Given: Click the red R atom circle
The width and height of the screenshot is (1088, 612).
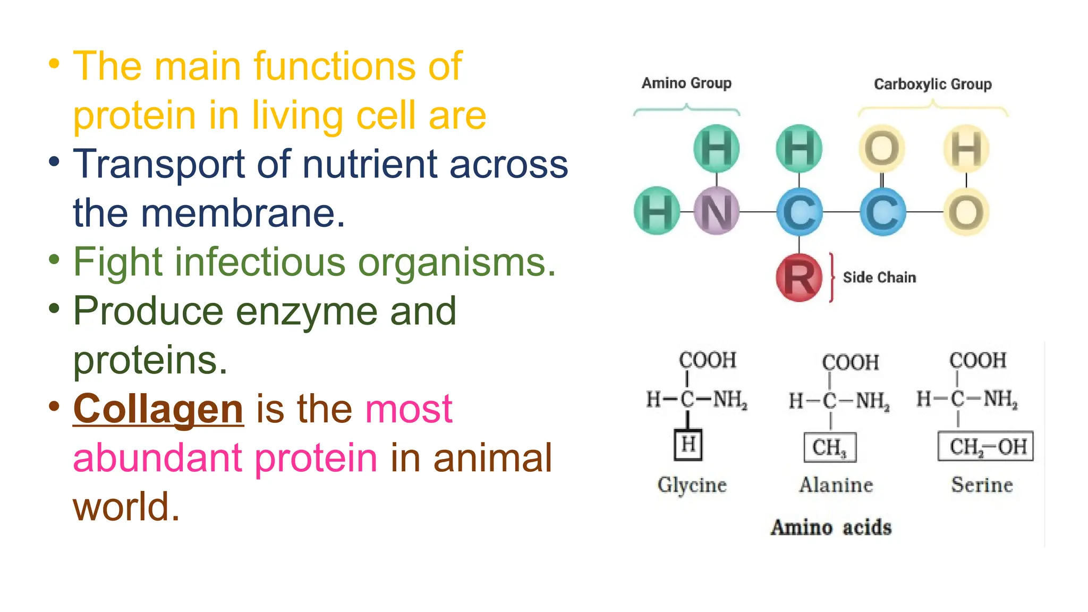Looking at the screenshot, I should pyautogui.click(x=798, y=277).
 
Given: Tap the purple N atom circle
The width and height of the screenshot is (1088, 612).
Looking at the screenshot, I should pyautogui.click(x=716, y=211).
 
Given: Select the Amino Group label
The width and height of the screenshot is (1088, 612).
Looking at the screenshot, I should pyautogui.click(x=686, y=83).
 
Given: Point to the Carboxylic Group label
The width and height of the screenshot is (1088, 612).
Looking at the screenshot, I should pyautogui.click(x=932, y=84).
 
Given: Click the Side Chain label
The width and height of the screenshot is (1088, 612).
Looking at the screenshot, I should pyautogui.click(x=879, y=277).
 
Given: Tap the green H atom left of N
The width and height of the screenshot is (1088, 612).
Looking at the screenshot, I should pyautogui.click(x=657, y=211).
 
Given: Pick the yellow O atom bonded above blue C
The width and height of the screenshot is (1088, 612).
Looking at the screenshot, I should pyautogui.click(x=882, y=148).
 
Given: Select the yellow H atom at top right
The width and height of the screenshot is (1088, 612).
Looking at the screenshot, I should pyautogui.click(x=966, y=148).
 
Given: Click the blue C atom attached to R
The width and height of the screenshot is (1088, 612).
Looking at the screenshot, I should pyautogui.click(x=798, y=211).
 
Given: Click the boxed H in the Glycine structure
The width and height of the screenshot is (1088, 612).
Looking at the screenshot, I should pyautogui.click(x=688, y=444).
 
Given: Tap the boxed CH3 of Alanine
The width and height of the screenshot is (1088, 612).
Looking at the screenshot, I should pyautogui.click(x=830, y=447).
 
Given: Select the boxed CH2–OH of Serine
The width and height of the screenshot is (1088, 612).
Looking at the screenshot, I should pyautogui.click(x=986, y=446).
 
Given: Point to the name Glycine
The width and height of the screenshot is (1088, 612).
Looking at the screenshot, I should pyautogui.click(x=692, y=484).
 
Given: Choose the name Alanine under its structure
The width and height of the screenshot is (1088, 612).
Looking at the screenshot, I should pyautogui.click(x=836, y=484).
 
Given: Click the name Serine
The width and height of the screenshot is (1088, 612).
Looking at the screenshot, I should pyautogui.click(x=982, y=484).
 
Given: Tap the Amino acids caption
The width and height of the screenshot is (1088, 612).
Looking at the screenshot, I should pyautogui.click(x=831, y=527).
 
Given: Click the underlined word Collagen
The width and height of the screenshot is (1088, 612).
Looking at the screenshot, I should pyautogui.click(x=158, y=409).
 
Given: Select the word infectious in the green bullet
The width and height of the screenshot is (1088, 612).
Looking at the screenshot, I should pyautogui.click(x=260, y=262).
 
